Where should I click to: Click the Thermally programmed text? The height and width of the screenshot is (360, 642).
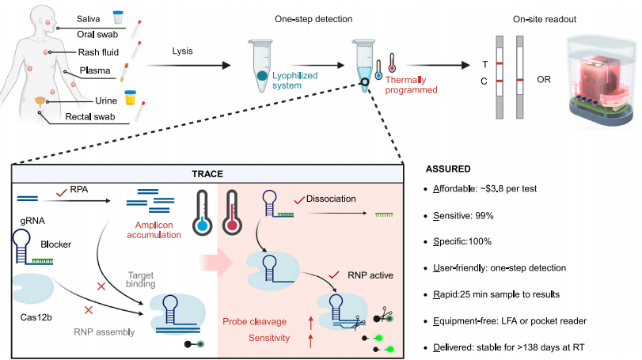(x=410, y=85)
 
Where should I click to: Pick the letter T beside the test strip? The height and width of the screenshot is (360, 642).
(x=484, y=63)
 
